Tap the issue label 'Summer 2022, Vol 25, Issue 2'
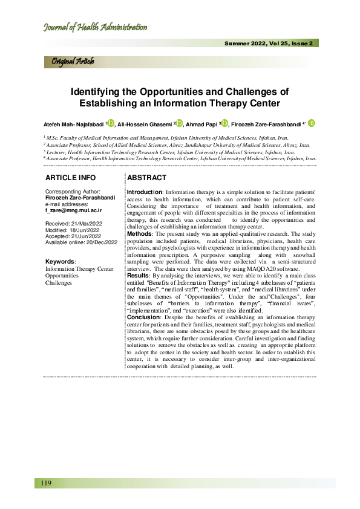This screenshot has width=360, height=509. (269, 44)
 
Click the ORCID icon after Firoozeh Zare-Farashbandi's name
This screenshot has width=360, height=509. (312, 123)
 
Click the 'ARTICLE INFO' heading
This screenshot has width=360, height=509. (71, 178)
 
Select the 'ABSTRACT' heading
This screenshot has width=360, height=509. (147, 178)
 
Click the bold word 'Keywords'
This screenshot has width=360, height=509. (60, 261)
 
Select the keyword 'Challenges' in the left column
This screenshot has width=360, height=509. (59, 282)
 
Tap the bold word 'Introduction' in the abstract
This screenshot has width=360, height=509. (144, 191)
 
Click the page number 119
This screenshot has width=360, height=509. (46, 482)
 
